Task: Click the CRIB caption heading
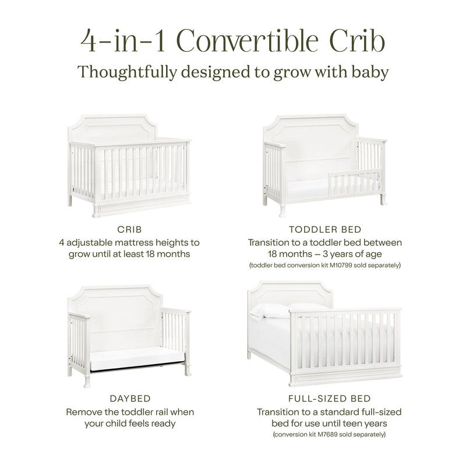pyautogui.click(x=131, y=230)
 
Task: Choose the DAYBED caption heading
pyautogui.click(x=131, y=399)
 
